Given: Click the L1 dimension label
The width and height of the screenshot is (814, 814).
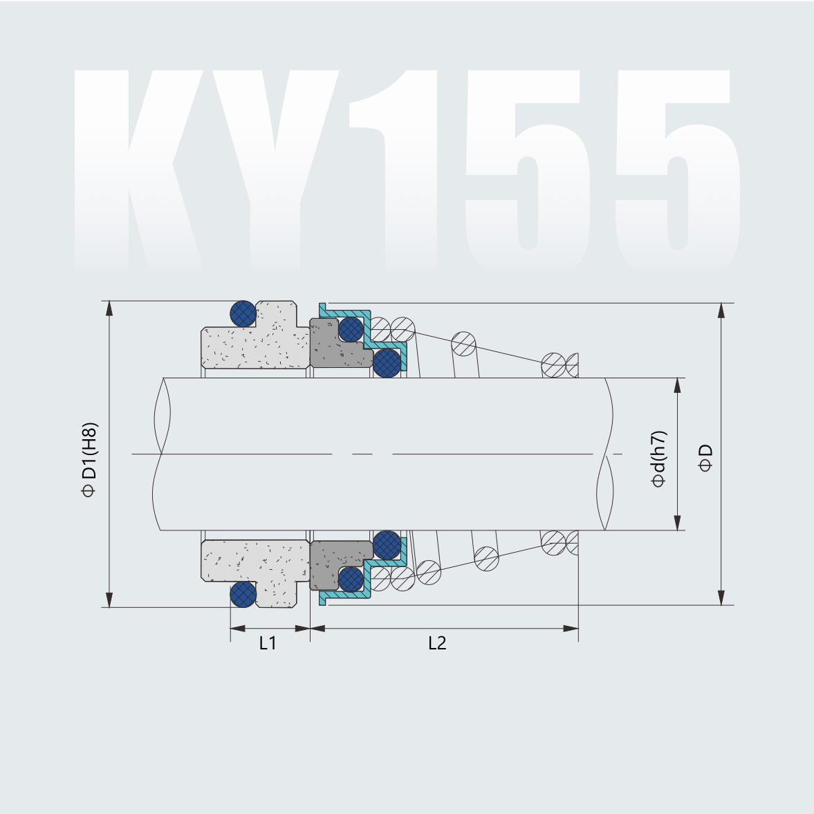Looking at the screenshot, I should click(268, 643).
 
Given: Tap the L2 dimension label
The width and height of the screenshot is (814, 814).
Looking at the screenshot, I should click(437, 643).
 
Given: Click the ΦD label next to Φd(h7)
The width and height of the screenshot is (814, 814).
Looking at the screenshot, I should click(705, 458).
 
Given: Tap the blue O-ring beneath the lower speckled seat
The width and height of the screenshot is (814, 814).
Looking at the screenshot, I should click(243, 594).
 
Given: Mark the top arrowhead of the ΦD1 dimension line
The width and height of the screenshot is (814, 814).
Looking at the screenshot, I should click(109, 308).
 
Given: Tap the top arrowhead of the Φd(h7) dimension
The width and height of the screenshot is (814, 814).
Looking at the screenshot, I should click(678, 385).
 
